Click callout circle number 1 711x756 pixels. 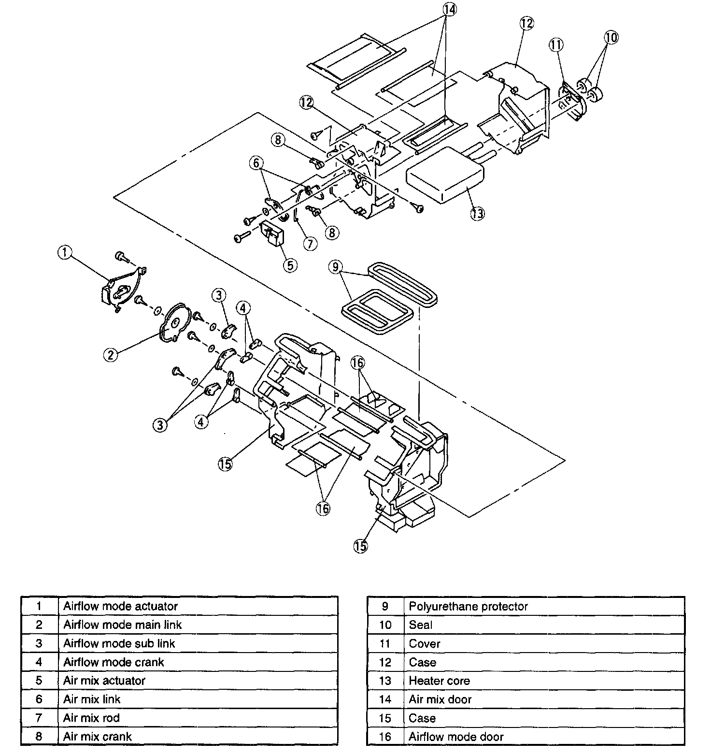pyautogui.click(x=65, y=252)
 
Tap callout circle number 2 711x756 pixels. pyautogui.click(x=111, y=355)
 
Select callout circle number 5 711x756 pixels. pyautogui.click(x=290, y=264)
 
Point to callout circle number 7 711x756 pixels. pyautogui.click(x=310, y=243)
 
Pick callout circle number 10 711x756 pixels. pyautogui.click(x=611, y=38)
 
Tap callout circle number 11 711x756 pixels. pyautogui.click(x=556, y=45)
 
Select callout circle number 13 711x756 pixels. pyautogui.click(x=477, y=213)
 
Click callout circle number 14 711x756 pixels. pyautogui.click(x=449, y=9)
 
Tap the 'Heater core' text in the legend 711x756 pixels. pyautogui.click(x=439, y=681)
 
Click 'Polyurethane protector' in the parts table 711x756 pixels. pyautogui.click(x=468, y=606)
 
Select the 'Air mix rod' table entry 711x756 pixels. pyautogui.click(x=91, y=718)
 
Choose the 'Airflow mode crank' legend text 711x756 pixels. pyautogui.click(x=114, y=662)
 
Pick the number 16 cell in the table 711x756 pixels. pyautogui.click(x=385, y=737)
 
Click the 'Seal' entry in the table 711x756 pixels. pyautogui.click(x=420, y=625)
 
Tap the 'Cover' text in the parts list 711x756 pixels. pyautogui.click(x=424, y=643)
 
